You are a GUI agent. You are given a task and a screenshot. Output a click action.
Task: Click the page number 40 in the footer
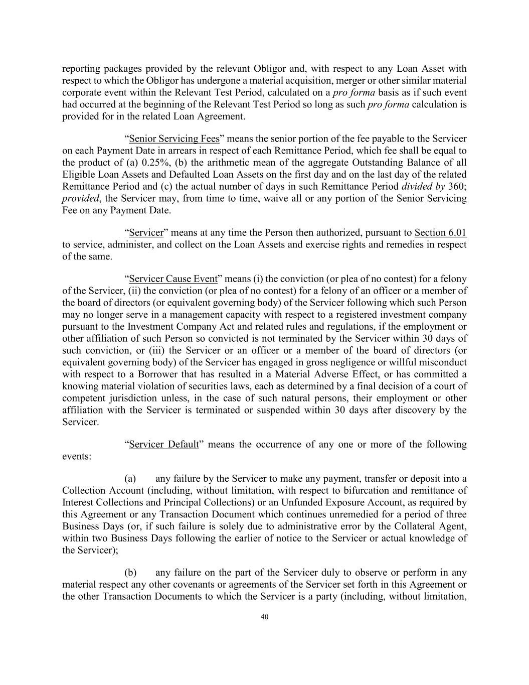(265, 617)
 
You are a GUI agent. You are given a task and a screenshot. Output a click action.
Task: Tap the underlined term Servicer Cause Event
(173, 279)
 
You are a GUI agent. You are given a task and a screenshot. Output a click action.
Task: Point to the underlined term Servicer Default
(163, 445)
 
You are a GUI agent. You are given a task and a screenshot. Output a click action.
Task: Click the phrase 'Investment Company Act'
(185, 327)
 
